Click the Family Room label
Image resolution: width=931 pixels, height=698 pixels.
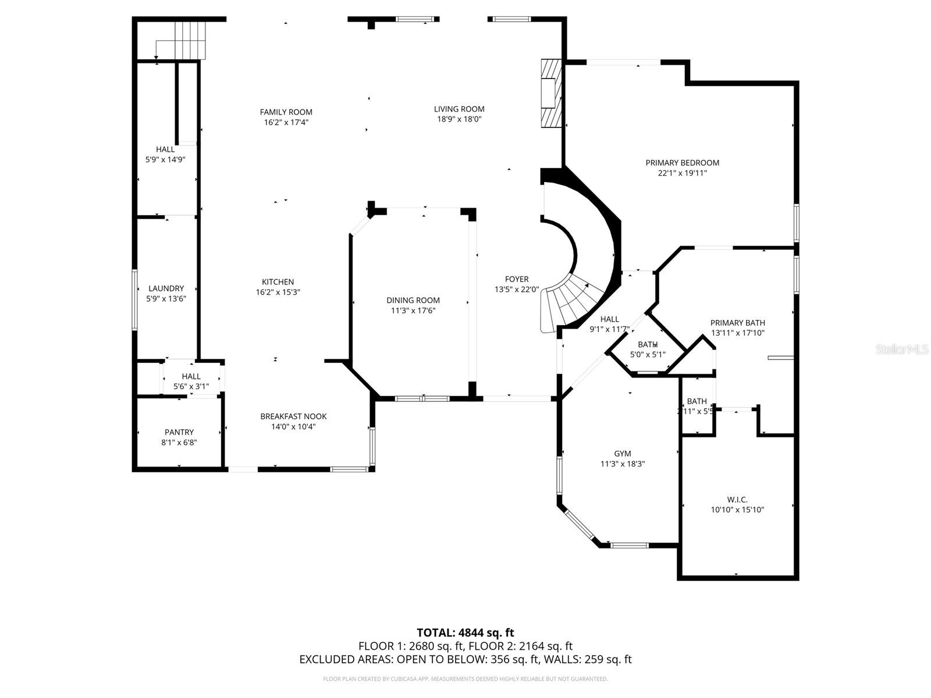point(286,112)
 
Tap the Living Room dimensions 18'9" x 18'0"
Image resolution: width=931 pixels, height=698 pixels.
point(459,119)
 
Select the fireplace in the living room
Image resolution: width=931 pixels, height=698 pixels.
point(550,93)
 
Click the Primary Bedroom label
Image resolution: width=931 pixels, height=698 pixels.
point(682,163)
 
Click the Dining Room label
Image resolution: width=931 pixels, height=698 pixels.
point(413,300)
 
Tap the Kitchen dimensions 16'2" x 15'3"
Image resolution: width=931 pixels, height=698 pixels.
point(278,293)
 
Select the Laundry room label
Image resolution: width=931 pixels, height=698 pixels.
point(166,288)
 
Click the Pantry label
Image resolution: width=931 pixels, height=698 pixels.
point(179,432)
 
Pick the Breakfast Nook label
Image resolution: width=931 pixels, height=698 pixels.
point(293,416)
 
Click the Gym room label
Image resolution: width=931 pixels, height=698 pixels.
point(622,454)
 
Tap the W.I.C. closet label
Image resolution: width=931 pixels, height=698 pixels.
point(737,500)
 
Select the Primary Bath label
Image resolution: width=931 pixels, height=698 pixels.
point(737,323)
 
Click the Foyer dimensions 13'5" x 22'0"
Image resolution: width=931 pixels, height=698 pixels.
point(517,289)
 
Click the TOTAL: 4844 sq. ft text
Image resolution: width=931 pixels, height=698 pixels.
point(465,632)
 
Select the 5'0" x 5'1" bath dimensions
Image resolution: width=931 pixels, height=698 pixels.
point(648,354)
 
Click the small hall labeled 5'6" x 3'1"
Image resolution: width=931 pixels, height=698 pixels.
point(191,381)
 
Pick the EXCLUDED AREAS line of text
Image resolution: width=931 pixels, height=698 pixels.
point(465,659)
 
